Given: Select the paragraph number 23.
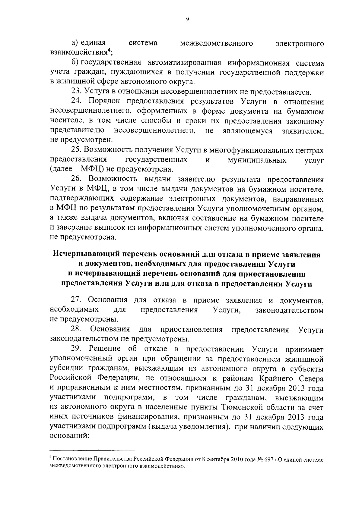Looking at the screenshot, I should (76, 92).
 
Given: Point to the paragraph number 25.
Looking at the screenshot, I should (76, 150).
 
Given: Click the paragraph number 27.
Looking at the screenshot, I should (76, 300).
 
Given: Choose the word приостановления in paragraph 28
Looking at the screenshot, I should (192, 329).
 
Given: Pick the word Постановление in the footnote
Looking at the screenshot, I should (69, 460).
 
